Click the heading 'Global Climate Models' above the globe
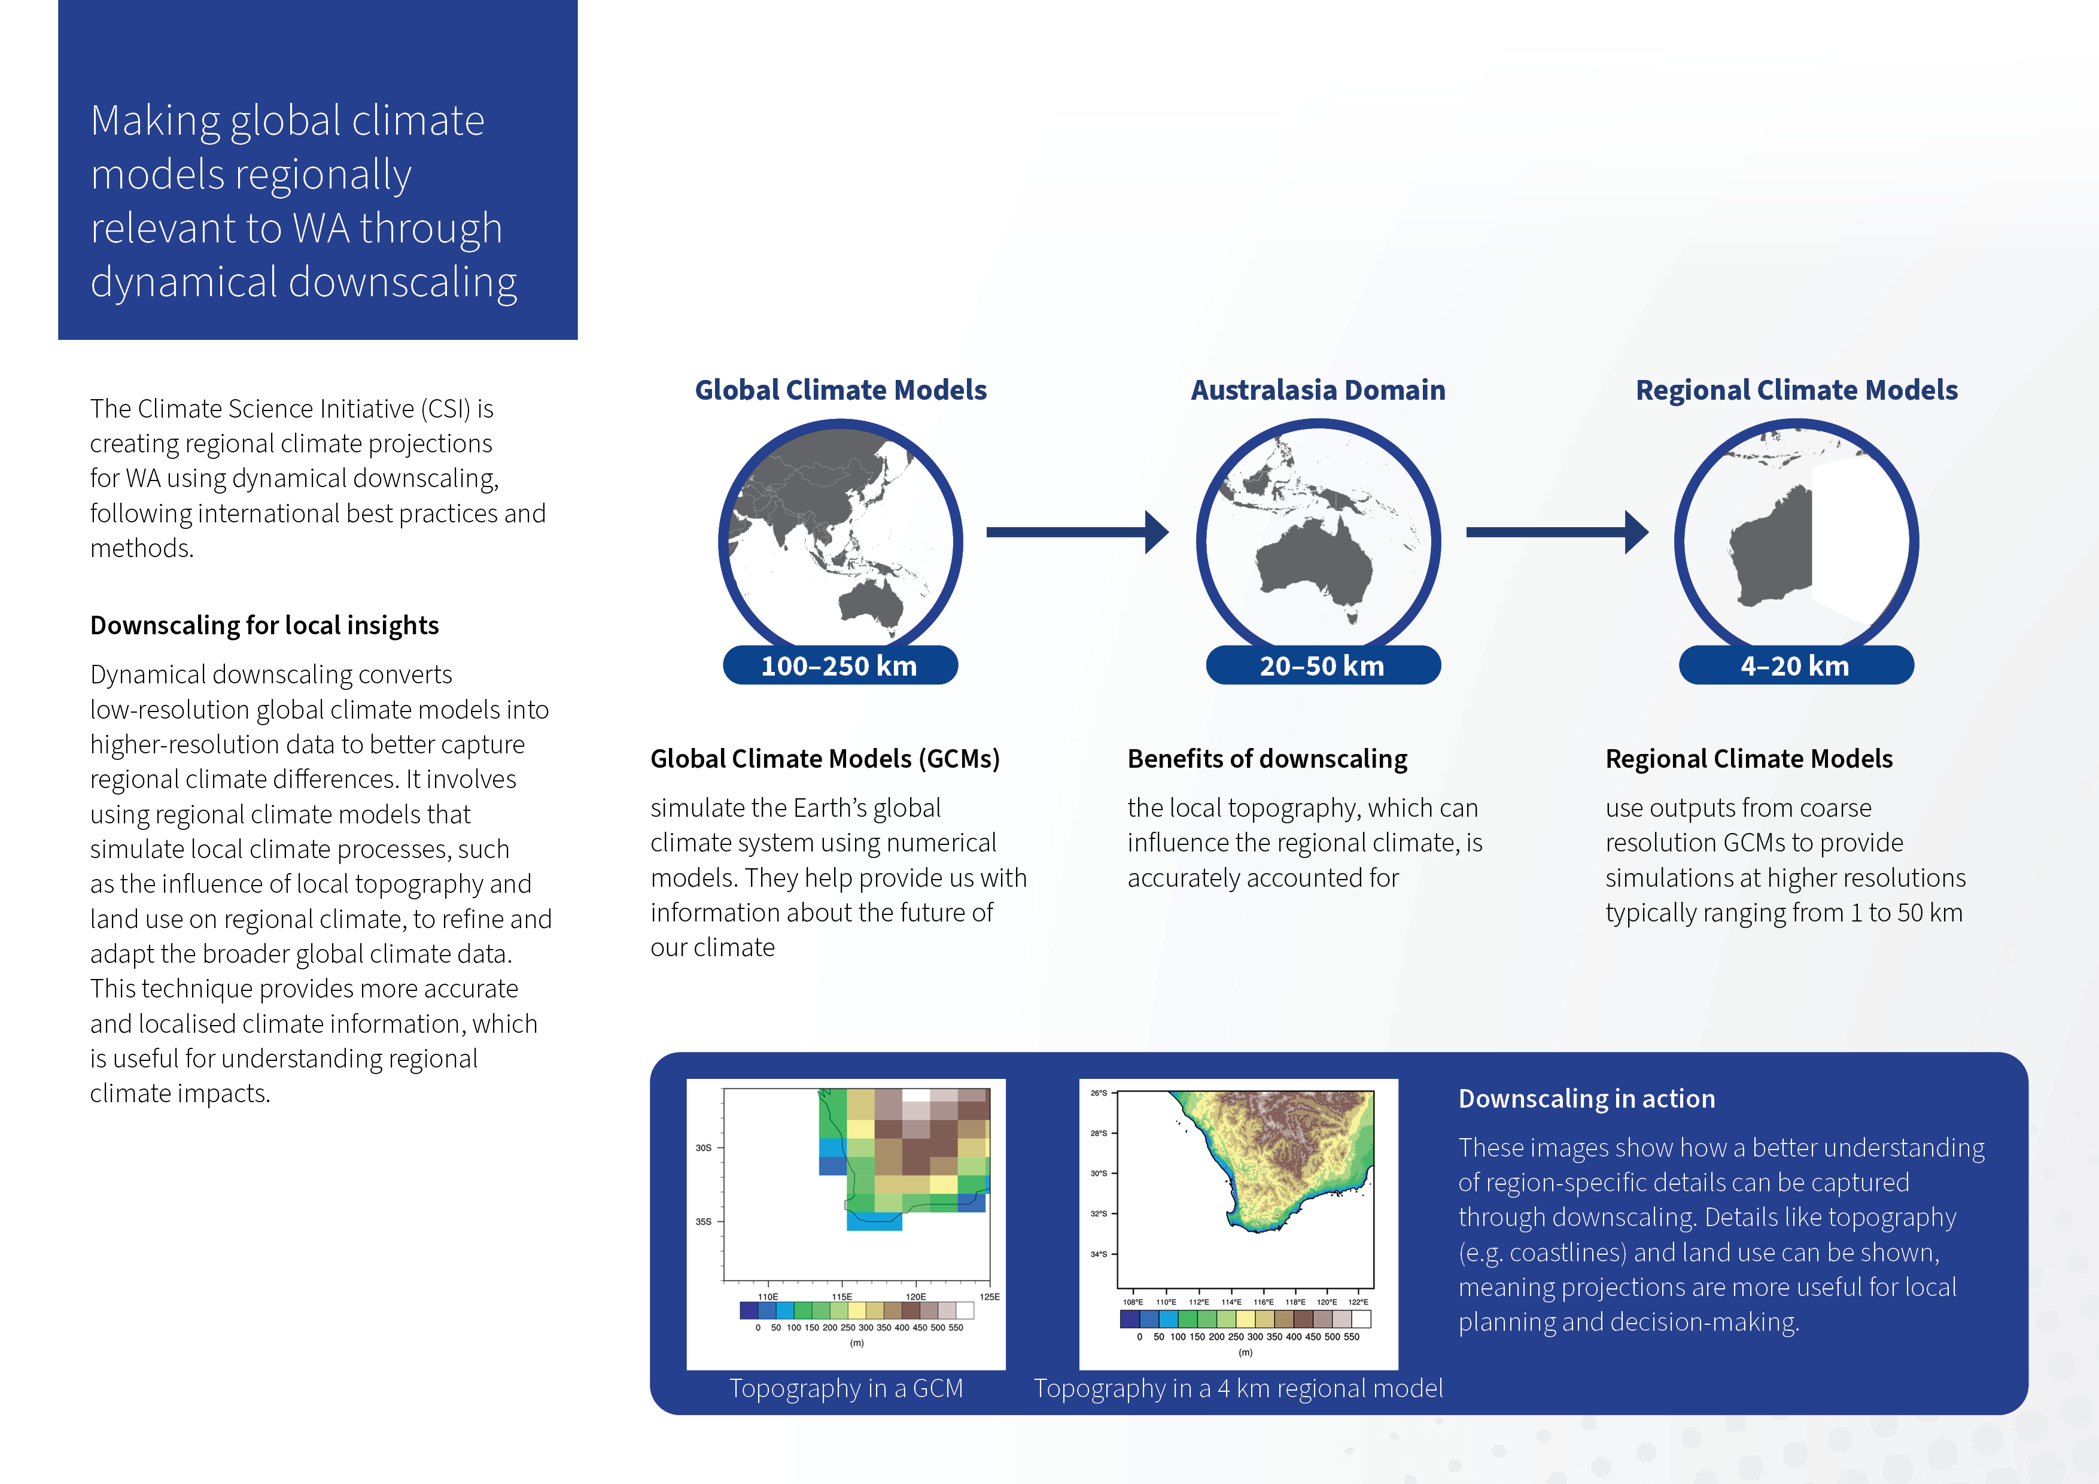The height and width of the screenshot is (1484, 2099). point(840,390)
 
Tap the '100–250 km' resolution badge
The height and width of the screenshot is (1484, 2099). point(840,665)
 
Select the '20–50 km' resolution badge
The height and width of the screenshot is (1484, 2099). point(1323,665)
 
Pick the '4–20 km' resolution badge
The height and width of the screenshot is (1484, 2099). point(1796,665)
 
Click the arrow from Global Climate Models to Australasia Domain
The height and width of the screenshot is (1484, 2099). point(1077,532)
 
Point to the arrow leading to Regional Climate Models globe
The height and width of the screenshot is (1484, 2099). point(1557,532)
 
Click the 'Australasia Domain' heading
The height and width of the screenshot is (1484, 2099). point(1318,390)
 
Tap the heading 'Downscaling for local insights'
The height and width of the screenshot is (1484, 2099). point(264,625)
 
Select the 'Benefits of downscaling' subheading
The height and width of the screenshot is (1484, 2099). point(1267,759)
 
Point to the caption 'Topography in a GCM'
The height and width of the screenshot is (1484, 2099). point(845,1388)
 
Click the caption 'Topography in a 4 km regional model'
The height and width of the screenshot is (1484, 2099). point(1238,1388)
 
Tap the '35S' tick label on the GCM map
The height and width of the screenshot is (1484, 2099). point(703,1221)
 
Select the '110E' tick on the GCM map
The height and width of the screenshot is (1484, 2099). point(768,1297)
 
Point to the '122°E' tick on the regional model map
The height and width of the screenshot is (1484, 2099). point(1358,1302)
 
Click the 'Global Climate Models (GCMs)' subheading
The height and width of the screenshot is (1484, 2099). point(825,759)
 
